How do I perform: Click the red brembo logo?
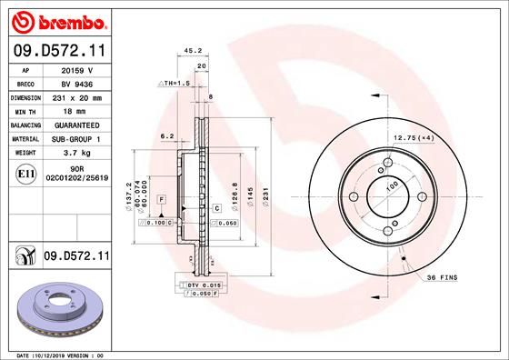[x=57, y=19]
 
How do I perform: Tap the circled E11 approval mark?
[x=25, y=173]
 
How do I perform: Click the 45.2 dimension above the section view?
[x=192, y=51]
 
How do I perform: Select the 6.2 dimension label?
[x=166, y=136]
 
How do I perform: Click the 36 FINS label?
[x=444, y=276]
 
